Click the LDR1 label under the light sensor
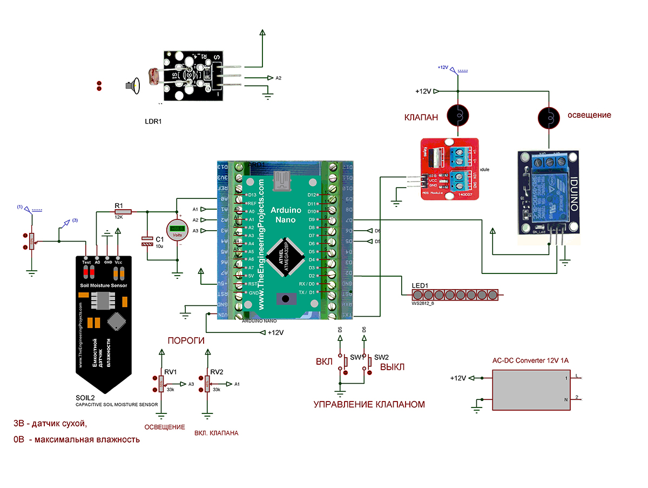click(x=153, y=122)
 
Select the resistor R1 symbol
click(x=119, y=212)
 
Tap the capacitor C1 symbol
click(x=147, y=241)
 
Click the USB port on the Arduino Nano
click(x=282, y=181)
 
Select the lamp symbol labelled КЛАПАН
click(x=458, y=115)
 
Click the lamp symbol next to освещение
click(x=549, y=115)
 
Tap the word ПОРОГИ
click(x=186, y=340)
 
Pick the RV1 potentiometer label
click(x=171, y=372)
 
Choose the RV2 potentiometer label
click(x=217, y=372)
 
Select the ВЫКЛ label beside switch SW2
click(x=392, y=367)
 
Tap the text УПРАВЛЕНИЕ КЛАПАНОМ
click(x=369, y=404)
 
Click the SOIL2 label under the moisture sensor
click(x=85, y=397)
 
